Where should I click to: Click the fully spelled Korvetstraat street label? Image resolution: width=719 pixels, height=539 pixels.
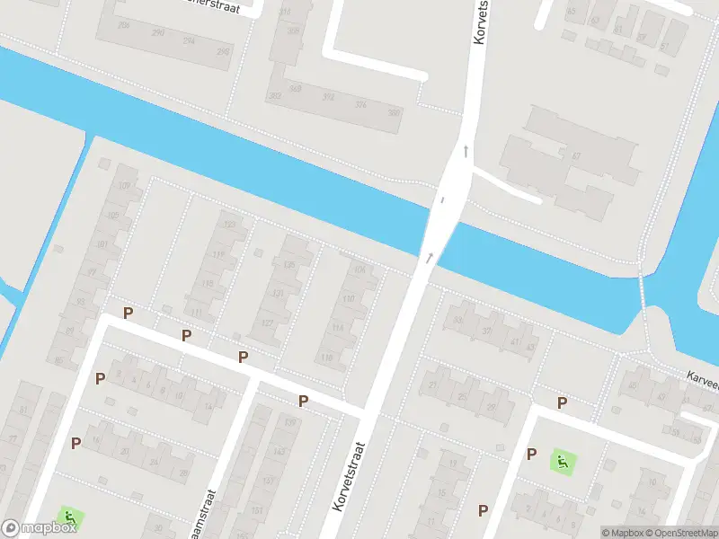(x=351, y=476)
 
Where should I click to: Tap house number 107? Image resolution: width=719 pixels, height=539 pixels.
(x=123, y=186)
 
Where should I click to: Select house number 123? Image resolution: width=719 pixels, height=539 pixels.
(x=229, y=225)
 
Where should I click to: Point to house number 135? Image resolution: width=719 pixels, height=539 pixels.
(x=288, y=265)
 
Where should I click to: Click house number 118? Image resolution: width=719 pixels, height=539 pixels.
(x=327, y=358)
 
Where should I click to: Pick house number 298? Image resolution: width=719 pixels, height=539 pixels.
(x=222, y=52)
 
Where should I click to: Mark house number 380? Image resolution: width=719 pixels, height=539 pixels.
(x=393, y=112)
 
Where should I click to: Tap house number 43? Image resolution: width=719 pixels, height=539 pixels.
(x=531, y=348)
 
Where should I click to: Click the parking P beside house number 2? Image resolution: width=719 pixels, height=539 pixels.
(x=101, y=378)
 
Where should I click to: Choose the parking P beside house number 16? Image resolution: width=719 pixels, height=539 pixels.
(x=76, y=442)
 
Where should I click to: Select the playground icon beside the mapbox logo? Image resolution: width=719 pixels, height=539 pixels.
(x=68, y=517)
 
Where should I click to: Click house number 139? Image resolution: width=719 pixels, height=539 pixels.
(x=289, y=422)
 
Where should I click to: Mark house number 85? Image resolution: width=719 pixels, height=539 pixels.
(x=60, y=361)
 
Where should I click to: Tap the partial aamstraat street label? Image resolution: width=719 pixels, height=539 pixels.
(x=210, y=515)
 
